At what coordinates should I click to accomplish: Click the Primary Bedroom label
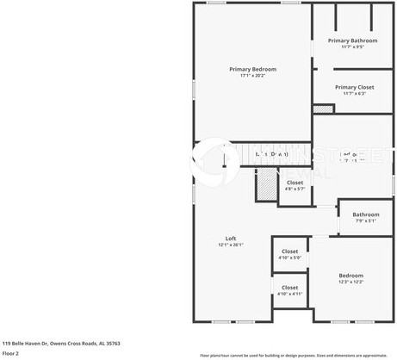(251, 69)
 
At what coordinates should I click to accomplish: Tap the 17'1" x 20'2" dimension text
(251, 76)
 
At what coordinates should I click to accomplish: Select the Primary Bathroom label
(352, 40)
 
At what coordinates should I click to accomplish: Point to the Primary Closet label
(354, 87)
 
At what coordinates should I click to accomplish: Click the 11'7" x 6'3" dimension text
(354, 94)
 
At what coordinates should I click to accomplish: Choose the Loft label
(231, 239)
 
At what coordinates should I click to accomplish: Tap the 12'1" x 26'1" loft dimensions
(231, 245)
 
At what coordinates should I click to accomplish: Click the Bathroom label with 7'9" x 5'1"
(365, 214)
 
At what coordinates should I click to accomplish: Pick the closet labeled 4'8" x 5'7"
(295, 183)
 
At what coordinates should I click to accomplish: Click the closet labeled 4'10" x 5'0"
(289, 251)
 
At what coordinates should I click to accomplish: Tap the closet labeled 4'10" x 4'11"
(289, 288)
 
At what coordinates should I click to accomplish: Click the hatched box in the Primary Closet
(322, 109)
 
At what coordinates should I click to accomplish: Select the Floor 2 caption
(10, 353)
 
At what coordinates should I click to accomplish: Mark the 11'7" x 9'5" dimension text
(352, 47)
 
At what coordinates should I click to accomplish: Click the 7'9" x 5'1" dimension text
(365, 221)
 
